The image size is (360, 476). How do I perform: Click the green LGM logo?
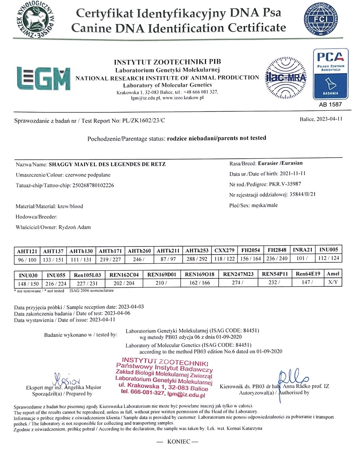[x=43, y=78]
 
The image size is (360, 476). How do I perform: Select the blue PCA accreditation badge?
[x=331, y=74]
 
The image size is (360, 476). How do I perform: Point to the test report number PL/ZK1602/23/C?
[x=143, y=121]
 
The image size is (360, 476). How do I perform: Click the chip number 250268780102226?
[x=93, y=185]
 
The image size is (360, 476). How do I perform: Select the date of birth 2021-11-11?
[x=293, y=174]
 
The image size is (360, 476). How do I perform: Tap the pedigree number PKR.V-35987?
[x=285, y=184]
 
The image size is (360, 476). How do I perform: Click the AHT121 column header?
[x=27, y=251]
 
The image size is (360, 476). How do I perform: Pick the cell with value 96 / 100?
[x=27, y=260]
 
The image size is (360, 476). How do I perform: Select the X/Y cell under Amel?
[x=333, y=282]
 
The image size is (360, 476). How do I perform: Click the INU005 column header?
[x=328, y=250]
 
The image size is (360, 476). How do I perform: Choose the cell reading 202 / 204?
[x=124, y=283]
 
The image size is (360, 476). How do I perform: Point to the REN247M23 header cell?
[x=238, y=274]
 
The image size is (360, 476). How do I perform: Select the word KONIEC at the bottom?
[x=179, y=442]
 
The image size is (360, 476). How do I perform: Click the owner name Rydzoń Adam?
[x=74, y=227]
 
